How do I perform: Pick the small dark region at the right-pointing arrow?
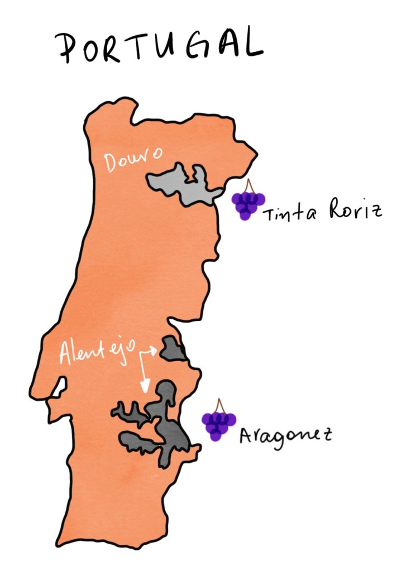[x=173, y=349]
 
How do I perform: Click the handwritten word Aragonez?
[x=285, y=434]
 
